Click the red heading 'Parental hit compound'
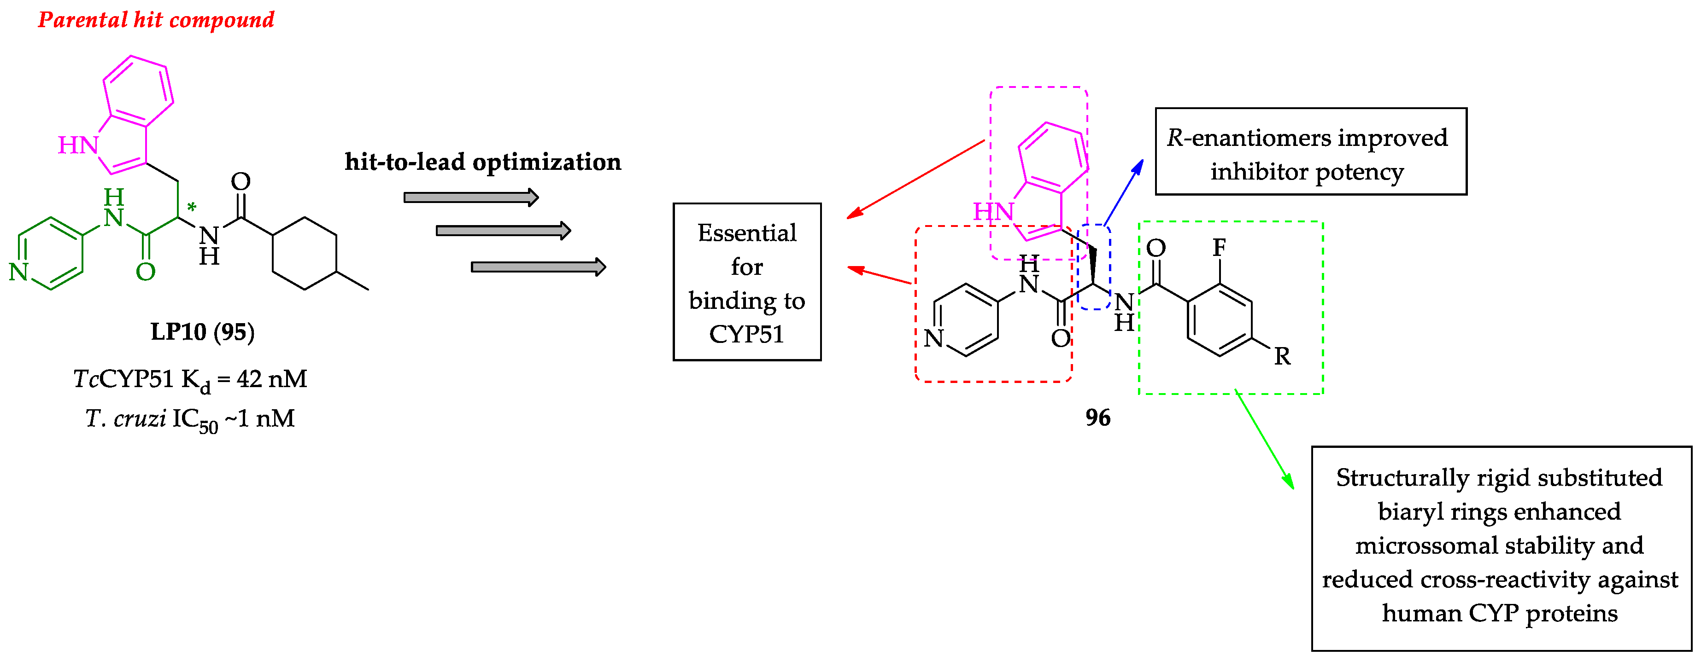tap(156, 20)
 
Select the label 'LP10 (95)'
tap(202, 331)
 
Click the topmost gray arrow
tap(470, 197)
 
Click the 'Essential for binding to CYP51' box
tap(747, 282)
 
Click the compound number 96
tap(1097, 417)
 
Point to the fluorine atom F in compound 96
tap(1219, 248)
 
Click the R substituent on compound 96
tap(1282, 356)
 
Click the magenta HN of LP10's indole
tap(78, 145)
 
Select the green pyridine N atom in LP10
tap(18, 272)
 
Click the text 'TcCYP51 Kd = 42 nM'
tap(190, 379)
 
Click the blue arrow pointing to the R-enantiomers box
tap(1124, 193)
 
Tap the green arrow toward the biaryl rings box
tap(1264, 441)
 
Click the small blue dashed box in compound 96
tap(1094, 266)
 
